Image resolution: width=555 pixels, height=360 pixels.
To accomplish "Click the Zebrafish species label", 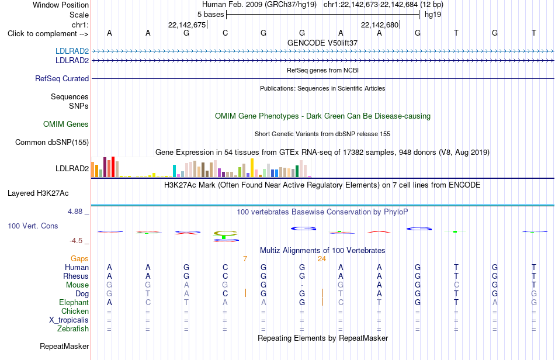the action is tap(73, 329).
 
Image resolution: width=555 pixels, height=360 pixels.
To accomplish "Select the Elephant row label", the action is tap(74, 302).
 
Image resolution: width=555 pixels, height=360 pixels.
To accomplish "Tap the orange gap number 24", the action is tap(321, 259).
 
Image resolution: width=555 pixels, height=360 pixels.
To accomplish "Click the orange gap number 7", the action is tap(245, 259).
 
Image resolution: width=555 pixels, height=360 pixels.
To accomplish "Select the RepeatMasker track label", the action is tap(64, 346).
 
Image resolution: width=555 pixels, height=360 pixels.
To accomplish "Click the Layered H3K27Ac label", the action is tap(38, 193).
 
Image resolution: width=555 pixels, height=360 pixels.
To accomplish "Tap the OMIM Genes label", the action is tap(66, 124).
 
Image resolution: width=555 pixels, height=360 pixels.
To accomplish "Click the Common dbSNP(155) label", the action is tap(52, 142).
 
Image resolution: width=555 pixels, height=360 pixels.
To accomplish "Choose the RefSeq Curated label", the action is tap(62, 78).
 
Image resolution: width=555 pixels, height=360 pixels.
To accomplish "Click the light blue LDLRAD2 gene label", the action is tap(72, 51).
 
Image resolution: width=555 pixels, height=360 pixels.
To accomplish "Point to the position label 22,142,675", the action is tap(187, 25).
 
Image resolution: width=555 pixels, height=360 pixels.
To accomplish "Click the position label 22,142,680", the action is tap(380, 25).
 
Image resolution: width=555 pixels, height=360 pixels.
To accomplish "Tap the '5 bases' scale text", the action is tap(210, 15).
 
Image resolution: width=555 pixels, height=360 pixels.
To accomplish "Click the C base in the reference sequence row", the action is tap(225, 33).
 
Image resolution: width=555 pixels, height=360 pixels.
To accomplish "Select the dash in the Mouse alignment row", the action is tap(302, 285).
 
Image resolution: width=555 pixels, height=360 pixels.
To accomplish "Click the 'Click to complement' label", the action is tap(48, 34).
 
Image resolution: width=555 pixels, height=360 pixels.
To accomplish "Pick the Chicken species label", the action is tap(75, 311).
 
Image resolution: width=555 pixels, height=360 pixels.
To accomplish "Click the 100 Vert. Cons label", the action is tap(33, 226).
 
